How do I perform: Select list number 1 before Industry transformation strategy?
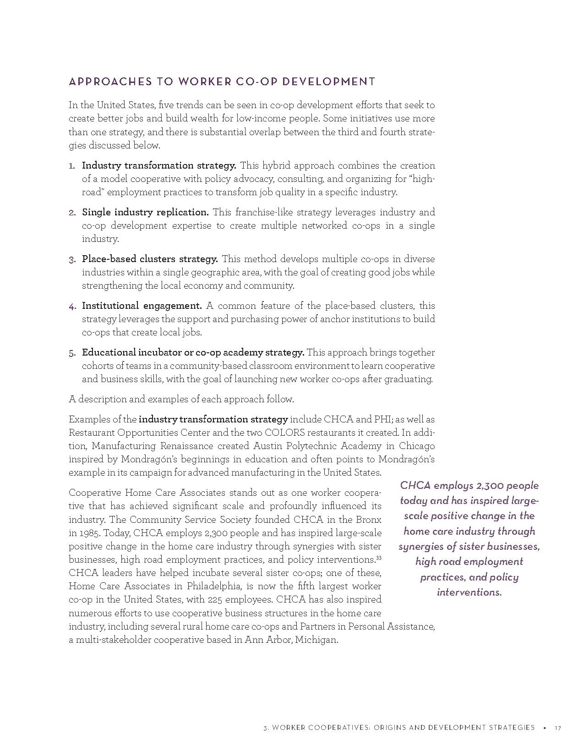71,165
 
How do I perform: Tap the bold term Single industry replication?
145,212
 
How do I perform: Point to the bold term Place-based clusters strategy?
150,259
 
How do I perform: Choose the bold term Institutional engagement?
142,306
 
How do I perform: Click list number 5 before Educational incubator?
72,353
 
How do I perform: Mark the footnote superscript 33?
379,558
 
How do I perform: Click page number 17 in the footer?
557,728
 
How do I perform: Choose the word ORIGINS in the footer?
392,728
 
